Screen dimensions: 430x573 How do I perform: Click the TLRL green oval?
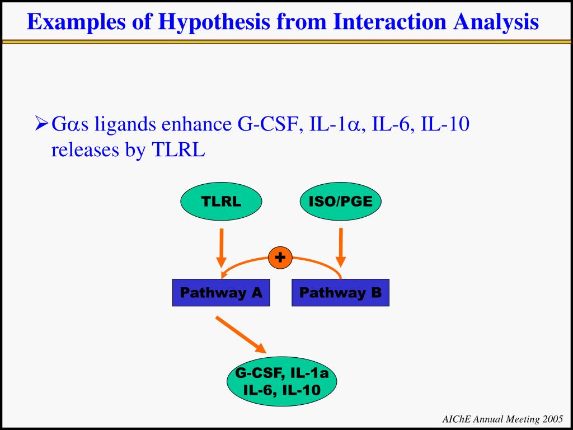click(221, 202)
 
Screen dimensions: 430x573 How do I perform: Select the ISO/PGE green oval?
click(340, 202)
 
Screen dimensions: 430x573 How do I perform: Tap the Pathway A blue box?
click(221, 293)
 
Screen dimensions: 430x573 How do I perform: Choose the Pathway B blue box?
click(340, 293)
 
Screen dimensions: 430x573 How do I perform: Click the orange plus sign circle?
click(280, 258)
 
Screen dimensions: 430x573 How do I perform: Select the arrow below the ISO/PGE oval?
click(341, 246)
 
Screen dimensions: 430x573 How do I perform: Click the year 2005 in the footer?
click(553, 419)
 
